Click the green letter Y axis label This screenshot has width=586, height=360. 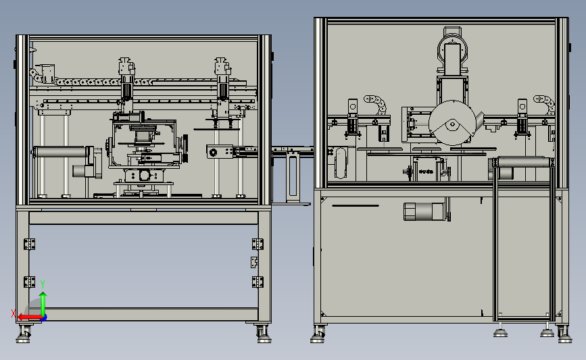43,284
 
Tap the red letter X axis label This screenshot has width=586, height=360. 14,313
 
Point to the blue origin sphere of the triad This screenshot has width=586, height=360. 44,318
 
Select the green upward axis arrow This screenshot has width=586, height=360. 43,304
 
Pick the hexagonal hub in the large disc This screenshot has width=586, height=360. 453,124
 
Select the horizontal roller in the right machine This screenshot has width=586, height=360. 524,163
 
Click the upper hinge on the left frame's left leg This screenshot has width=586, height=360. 29,245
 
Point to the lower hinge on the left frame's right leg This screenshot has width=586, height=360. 258,282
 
